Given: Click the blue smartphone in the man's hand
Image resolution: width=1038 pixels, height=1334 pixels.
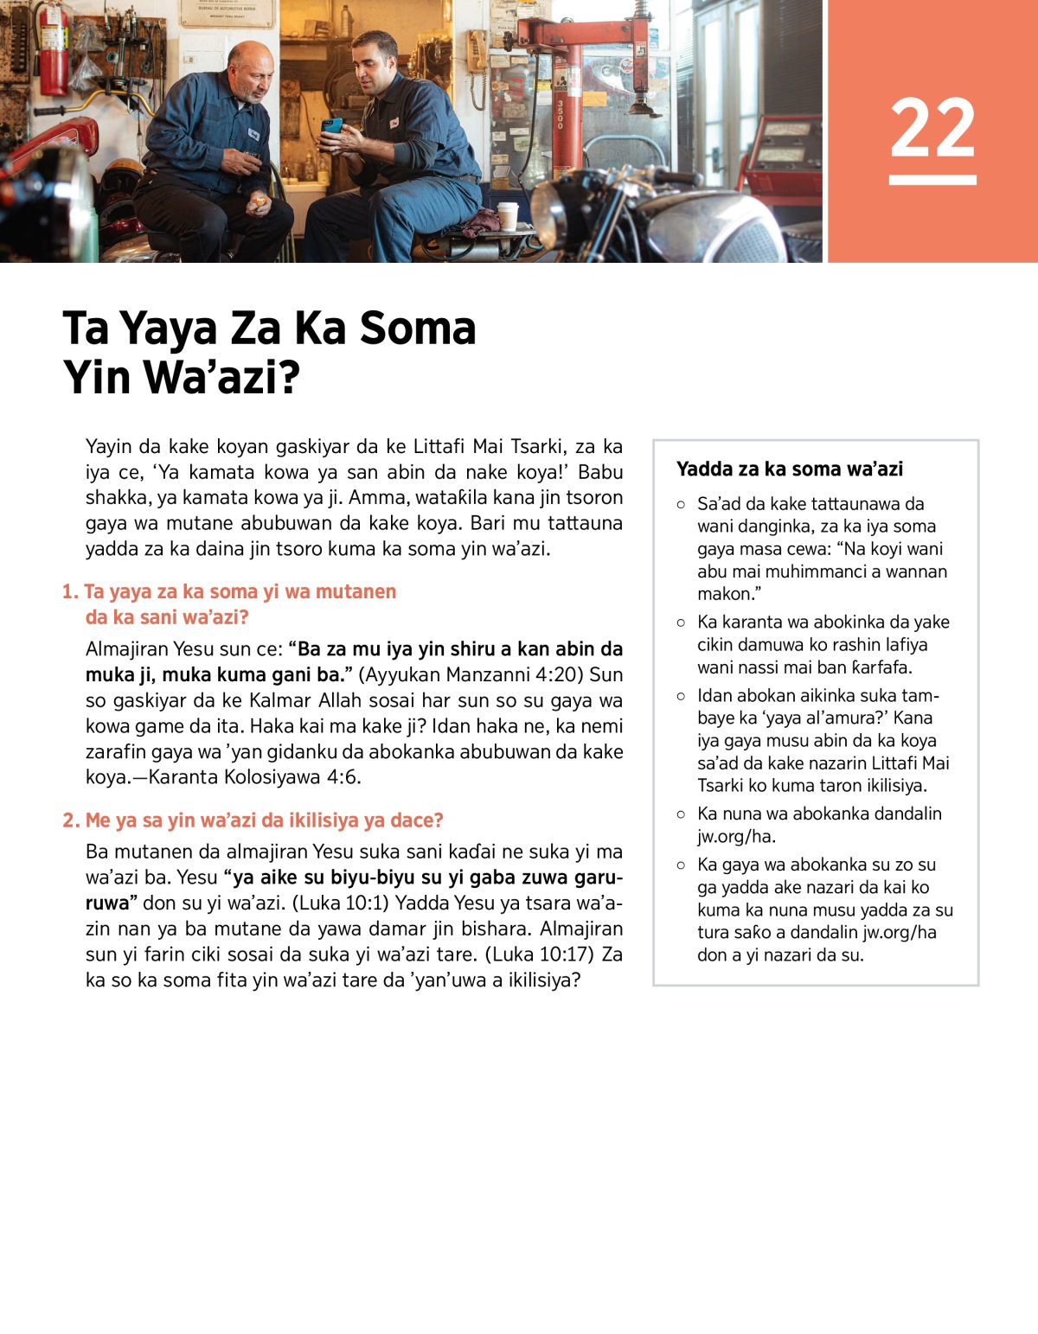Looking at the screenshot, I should click(x=331, y=128).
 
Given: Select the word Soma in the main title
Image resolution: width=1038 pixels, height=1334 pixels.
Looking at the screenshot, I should click(x=417, y=329).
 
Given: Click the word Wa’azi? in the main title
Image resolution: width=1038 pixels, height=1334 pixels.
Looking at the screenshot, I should click(x=221, y=378).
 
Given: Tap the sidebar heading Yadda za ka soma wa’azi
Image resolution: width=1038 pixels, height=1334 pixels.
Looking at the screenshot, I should click(x=789, y=469).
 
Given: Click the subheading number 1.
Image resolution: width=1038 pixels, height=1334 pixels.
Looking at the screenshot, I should click(x=69, y=592).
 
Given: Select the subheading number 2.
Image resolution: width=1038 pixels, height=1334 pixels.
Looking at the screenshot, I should click(x=70, y=820).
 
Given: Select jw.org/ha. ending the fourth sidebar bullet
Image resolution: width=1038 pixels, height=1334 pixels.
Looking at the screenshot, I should click(x=736, y=836).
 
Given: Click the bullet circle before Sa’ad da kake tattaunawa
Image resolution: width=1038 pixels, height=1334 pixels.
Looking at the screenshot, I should click(x=681, y=504).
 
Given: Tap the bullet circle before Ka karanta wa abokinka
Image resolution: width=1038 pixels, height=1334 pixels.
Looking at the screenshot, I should click(x=681, y=622).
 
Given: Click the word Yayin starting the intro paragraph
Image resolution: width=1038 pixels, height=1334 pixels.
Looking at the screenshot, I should click(x=108, y=447).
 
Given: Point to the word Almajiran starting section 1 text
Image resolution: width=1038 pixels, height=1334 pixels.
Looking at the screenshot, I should click(x=126, y=649).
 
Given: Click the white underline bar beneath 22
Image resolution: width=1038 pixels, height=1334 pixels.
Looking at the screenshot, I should click(x=932, y=180).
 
